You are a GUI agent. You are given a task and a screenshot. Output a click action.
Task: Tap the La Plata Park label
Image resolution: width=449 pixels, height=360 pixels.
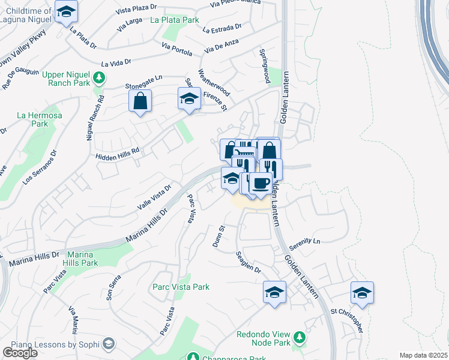click(175, 20)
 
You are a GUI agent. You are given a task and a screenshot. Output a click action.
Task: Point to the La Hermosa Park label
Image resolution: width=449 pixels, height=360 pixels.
click(32, 119)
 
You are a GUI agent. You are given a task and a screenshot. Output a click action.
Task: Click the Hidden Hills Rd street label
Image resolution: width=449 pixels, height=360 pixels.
click(118, 154)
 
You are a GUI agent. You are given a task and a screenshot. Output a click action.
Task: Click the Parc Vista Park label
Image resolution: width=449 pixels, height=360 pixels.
click(181, 287)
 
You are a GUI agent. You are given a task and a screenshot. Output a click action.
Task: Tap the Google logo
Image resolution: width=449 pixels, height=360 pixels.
click(20, 353)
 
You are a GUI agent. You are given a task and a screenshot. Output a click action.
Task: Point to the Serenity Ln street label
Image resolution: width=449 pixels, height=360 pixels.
click(304, 241)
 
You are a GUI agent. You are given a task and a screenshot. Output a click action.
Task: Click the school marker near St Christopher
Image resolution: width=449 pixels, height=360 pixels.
click(362, 293)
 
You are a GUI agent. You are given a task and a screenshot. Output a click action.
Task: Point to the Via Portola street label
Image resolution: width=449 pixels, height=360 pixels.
click(176, 49)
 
